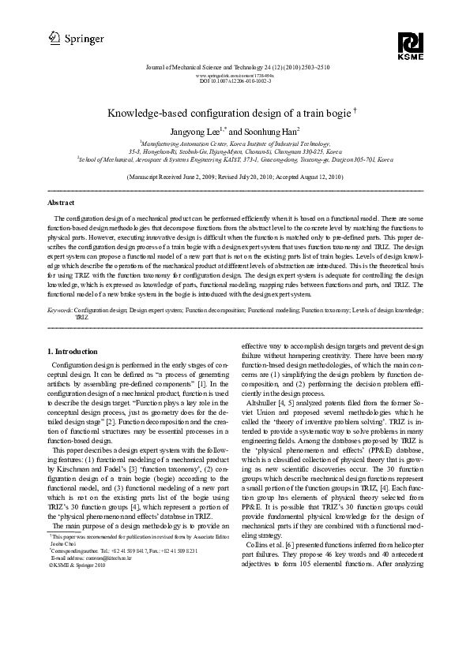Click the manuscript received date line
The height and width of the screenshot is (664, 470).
[235, 177]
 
